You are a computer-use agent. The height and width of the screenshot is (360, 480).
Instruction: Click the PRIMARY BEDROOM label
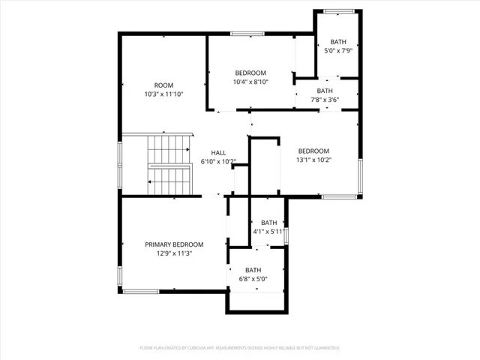174,244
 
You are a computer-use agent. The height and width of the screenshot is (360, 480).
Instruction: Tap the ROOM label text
163,85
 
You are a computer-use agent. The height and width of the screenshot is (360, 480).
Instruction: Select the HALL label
217,152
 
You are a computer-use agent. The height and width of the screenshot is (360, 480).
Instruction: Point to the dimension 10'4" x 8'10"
250,82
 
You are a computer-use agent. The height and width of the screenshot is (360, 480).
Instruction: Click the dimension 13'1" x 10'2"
313,159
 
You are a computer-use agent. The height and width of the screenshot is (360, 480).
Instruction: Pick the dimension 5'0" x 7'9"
337,51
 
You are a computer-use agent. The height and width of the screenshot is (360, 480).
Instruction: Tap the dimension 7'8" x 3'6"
325,99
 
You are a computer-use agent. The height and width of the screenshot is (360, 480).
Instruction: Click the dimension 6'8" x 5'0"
253,279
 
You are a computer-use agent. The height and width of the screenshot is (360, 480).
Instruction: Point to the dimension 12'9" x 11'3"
174,253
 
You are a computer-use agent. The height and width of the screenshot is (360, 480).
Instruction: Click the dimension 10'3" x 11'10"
163,94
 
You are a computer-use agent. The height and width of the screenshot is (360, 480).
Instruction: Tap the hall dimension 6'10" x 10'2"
217,161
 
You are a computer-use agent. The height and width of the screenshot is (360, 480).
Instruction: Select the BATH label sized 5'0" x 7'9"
337,42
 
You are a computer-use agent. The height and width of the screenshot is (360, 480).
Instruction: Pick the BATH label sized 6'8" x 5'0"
253,270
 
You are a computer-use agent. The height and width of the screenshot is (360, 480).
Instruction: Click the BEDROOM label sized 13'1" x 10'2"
313,151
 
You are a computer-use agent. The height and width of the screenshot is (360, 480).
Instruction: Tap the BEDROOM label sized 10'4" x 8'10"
250,73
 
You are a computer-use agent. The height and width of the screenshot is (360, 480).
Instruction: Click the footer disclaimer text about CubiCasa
240,348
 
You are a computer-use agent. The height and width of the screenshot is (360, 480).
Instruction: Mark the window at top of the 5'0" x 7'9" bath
337,10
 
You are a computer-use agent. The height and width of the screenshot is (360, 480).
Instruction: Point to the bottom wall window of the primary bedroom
141,291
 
